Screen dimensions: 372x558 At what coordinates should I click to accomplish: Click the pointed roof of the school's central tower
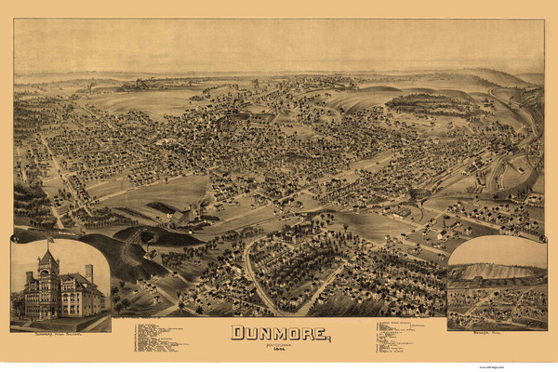pyautogui.click(x=48, y=258)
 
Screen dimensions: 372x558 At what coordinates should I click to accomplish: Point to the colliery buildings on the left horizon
pyautogui.click(x=139, y=84)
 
